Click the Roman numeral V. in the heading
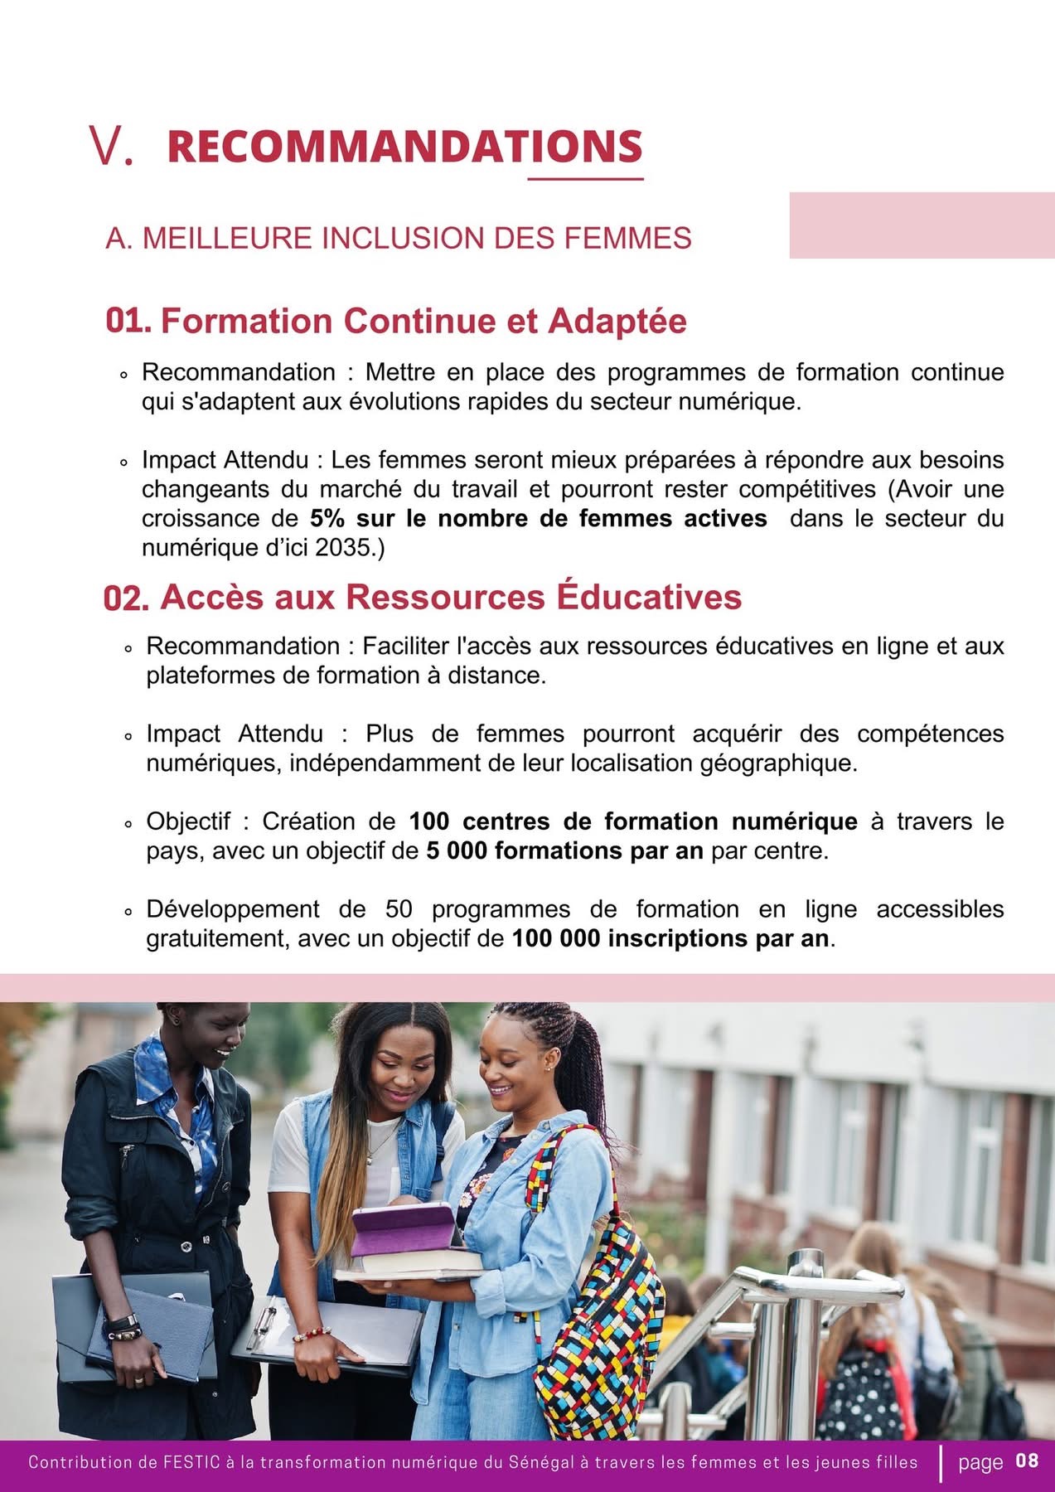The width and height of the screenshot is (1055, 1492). (x=111, y=147)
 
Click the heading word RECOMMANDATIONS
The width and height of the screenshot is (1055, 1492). (x=404, y=147)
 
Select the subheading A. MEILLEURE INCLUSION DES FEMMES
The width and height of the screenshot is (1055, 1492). (x=398, y=239)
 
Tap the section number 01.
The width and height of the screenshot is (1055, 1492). (x=128, y=321)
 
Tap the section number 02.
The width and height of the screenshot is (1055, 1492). (x=126, y=598)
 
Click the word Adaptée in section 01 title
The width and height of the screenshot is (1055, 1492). (x=617, y=321)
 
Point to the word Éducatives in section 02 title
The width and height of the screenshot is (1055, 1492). (x=649, y=597)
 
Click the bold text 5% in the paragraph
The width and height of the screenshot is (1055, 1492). (x=327, y=519)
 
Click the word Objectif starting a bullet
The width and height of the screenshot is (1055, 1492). (x=188, y=821)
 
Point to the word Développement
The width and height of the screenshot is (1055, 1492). (x=233, y=909)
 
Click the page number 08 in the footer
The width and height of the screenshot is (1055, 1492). (x=1027, y=1461)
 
